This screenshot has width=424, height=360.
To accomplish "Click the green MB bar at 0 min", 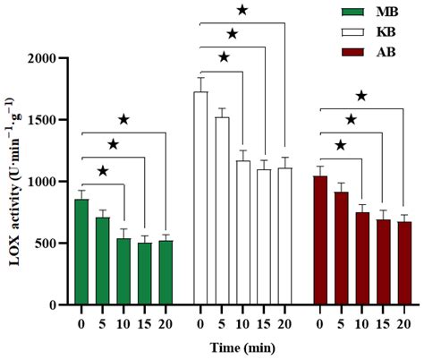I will tap(81, 252).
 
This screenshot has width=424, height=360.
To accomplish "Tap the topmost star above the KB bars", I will tap(242, 10).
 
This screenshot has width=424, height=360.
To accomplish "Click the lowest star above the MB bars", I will tap(103, 171).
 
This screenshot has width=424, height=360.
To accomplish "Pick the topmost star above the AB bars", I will tap(361, 95).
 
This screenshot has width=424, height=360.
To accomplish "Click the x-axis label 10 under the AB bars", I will tap(361, 323).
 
